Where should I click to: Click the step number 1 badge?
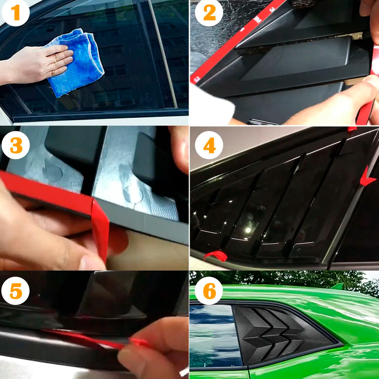coord(15,13)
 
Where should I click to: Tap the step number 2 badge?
coord(209,13)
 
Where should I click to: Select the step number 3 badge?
coord(15,146)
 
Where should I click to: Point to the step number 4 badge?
coord(209,146)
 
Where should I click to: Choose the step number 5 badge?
coord(15,291)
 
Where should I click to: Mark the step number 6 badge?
coord(209,291)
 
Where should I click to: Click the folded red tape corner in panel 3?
coord(100,227)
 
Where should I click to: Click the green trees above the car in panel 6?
coord(284,280)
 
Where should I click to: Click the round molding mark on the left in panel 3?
coord(52,172)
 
